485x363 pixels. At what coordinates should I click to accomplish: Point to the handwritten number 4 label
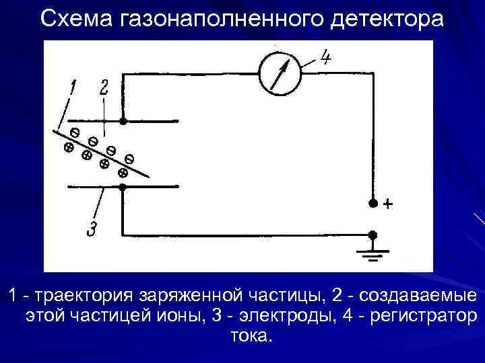tap(325, 58)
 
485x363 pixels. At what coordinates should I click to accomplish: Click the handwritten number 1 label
tap(72, 88)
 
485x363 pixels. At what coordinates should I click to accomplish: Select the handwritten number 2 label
tap(104, 88)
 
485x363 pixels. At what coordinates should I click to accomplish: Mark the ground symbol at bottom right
tap(372, 254)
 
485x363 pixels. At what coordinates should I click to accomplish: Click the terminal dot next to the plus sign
tap(372, 203)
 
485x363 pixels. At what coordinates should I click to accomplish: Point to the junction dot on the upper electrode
tap(123, 122)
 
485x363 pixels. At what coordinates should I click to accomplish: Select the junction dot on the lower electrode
tap(123, 188)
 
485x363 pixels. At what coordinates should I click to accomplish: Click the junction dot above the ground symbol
tap(372, 235)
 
